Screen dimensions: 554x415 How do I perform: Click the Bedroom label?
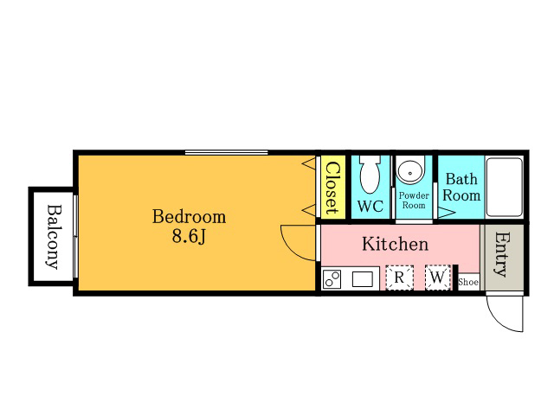tap(189, 216)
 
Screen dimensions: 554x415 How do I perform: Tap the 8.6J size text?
tap(189, 236)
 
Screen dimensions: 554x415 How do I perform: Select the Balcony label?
tap(54, 237)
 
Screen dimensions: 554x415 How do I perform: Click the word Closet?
tap(332, 188)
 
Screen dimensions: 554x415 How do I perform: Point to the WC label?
tap(370, 206)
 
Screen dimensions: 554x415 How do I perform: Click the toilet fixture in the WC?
tap(370, 175)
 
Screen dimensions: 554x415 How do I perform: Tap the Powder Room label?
tap(414, 200)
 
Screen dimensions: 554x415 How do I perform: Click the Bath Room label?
tap(461, 187)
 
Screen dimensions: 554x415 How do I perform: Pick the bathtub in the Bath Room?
tap(504, 187)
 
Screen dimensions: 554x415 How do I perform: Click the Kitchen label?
tap(395, 244)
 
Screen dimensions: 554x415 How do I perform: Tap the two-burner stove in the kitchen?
tap(332, 279)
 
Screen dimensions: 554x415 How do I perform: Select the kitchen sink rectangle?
tap(362, 279)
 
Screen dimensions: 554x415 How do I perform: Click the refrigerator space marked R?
tap(399, 278)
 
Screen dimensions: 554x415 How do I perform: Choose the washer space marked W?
tap(438, 278)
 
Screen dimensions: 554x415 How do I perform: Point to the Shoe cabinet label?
tap(468, 282)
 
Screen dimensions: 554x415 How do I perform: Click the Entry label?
tap(502, 254)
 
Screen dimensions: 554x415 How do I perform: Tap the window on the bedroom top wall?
tap(227, 152)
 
